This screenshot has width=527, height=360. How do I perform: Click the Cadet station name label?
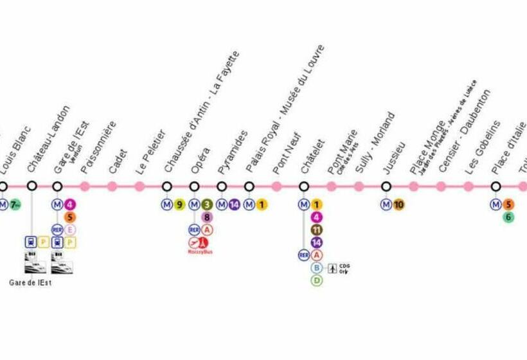118,161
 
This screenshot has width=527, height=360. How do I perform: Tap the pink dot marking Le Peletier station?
139,186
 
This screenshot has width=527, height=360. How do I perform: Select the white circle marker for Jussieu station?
386,186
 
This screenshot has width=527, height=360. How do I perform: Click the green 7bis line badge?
15,205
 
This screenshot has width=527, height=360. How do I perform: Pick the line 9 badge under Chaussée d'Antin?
179,205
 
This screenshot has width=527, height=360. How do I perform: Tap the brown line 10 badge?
399,205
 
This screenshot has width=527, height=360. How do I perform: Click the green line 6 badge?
508,217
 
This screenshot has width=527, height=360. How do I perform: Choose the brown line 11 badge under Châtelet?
317,230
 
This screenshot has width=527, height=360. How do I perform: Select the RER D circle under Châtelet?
317,280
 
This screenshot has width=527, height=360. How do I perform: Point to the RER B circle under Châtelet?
317,267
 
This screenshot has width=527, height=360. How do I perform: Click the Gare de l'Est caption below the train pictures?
30,283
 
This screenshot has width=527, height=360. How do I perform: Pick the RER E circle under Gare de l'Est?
70,230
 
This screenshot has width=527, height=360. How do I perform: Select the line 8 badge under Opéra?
207,217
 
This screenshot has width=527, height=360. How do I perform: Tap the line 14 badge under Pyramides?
234,205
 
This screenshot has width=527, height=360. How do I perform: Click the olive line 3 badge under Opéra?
207,205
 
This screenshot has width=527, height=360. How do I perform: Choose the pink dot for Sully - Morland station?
359,186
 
